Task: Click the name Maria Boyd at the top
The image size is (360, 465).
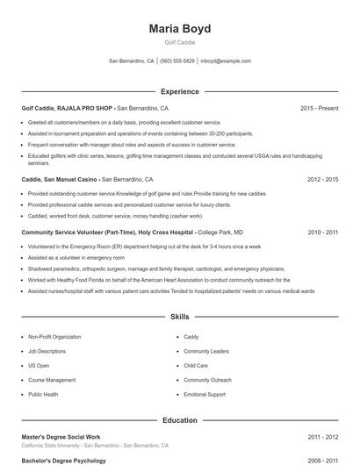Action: tap(179, 29)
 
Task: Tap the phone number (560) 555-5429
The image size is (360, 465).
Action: tap(177, 61)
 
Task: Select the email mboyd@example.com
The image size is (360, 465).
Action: tap(226, 61)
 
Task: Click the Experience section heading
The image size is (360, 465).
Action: tap(179, 91)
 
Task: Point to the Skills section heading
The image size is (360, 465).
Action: tap(179, 316)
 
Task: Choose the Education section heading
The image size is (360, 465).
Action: tap(179, 420)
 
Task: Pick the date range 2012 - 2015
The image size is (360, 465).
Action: tap(322, 178)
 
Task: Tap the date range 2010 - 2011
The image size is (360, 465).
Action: tap(322, 232)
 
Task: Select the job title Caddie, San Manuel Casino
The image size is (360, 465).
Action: tap(58, 178)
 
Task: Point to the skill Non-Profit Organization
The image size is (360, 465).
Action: tap(54, 336)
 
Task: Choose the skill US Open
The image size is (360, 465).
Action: tap(39, 365)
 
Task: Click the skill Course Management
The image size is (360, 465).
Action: tap(52, 380)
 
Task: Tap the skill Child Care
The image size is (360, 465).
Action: tap(196, 365)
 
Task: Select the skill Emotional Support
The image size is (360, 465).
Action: tap(204, 394)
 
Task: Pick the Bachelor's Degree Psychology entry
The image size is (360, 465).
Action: tap(63, 460)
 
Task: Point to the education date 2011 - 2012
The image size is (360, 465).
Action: tap(322, 436)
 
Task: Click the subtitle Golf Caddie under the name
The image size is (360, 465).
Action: tap(179, 43)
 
